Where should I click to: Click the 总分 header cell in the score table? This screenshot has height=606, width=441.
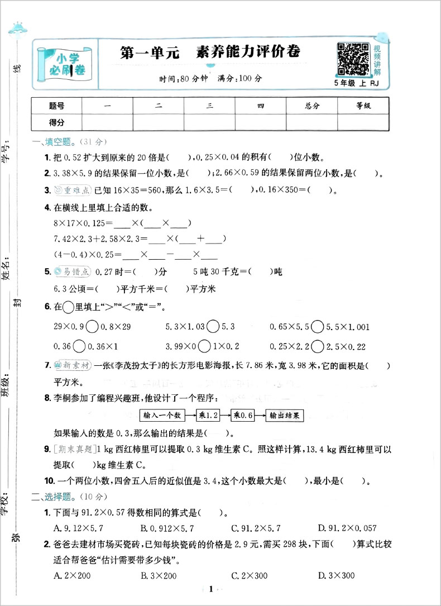(x=312, y=106)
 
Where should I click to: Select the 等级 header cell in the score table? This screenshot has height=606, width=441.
(x=363, y=106)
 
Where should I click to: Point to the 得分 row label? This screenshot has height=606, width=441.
(x=57, y=122)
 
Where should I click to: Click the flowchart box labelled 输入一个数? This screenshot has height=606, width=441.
(x=162, y=415)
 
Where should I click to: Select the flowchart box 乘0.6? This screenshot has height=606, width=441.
(x=243, y=415)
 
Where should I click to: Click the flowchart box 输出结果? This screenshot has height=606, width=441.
(x=285, y=415)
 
